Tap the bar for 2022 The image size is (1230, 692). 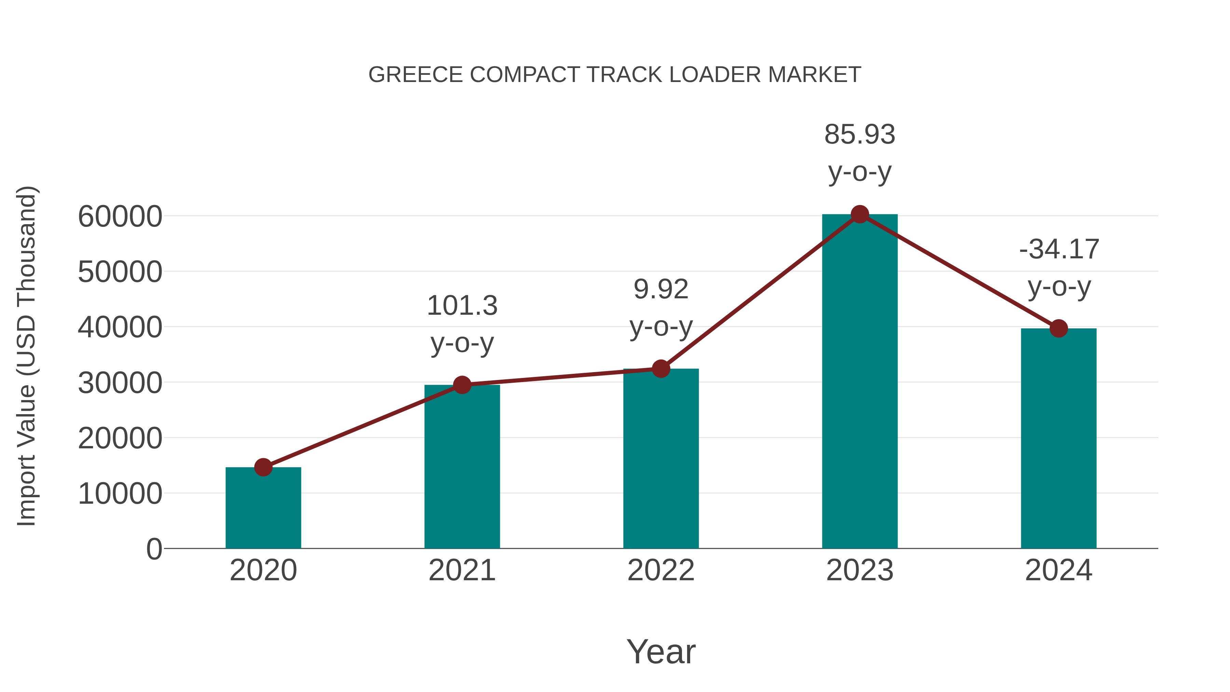(661, 459)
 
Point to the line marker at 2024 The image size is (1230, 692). (1058, 328)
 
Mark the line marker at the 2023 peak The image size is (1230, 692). (860, 214)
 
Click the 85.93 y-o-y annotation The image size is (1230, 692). (860, 153)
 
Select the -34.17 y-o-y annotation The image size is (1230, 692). (1058, 268)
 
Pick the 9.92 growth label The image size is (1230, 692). (661, 289)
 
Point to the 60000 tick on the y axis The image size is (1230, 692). (120, 216)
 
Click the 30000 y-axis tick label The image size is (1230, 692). (120, 382)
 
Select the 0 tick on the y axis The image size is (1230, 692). (154, 549)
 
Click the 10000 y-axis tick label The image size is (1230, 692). (120, 493)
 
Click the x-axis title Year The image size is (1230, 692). (661, 651)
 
